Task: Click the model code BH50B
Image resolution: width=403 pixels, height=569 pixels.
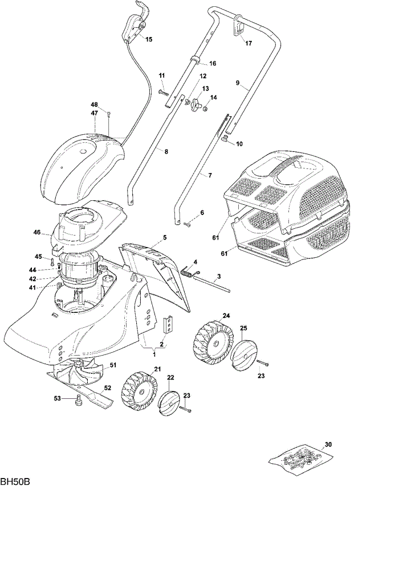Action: tap(15, 483)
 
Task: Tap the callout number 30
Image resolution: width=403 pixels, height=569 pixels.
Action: tap(328, 444)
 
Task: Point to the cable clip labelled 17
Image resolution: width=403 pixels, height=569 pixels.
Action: tap(238, 26)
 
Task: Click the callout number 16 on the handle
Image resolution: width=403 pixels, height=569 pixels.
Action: tap(213, 64)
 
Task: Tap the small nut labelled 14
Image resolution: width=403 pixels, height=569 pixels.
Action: tap(205, 108)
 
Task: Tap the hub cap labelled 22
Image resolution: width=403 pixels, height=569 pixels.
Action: tap(169, 401)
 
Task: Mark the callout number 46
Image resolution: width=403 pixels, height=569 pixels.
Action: tap(37, 232)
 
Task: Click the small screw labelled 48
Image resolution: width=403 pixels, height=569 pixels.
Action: tap(108, 114)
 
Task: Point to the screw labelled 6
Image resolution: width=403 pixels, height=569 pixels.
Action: tap(188, 225)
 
